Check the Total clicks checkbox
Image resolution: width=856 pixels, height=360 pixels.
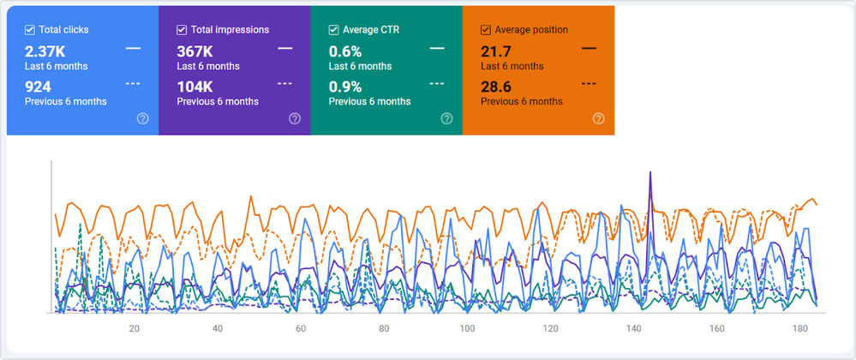30,30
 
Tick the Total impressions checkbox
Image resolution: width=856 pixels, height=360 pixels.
183,30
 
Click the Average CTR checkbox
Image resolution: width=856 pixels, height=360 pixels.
334,30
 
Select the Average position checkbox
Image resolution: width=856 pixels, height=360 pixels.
486,30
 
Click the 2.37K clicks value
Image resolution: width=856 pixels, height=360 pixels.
45,51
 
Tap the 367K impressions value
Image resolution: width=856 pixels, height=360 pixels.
195,51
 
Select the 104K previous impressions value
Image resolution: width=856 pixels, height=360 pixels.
195,87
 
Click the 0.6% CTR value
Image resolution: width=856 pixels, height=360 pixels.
345,51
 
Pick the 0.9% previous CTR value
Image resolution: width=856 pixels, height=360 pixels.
345,87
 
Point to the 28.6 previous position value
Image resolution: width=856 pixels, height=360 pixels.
497,87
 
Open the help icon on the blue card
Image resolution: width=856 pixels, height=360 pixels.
142,118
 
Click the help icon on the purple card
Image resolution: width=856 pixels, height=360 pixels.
295,118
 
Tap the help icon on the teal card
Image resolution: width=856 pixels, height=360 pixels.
446,118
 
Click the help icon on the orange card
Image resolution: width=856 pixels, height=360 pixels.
598,118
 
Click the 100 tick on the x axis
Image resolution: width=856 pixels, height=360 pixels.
467,329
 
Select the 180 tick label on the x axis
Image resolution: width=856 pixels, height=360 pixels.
799,329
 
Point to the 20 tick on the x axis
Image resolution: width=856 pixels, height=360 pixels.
135,329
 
